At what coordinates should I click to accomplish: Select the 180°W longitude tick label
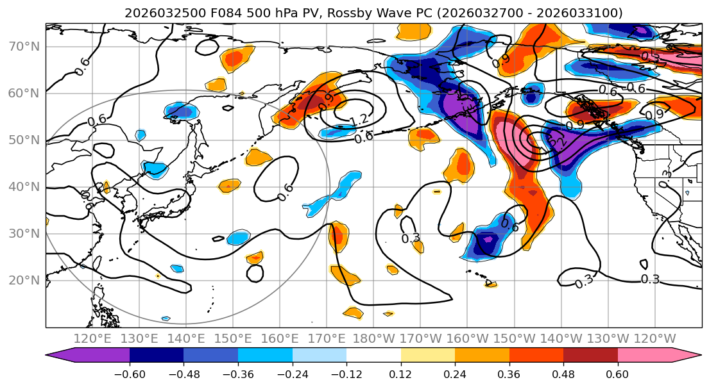pyautogui.click(x=373, y=338)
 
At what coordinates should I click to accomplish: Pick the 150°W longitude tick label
pyautogui.click(x=514, y=338)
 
